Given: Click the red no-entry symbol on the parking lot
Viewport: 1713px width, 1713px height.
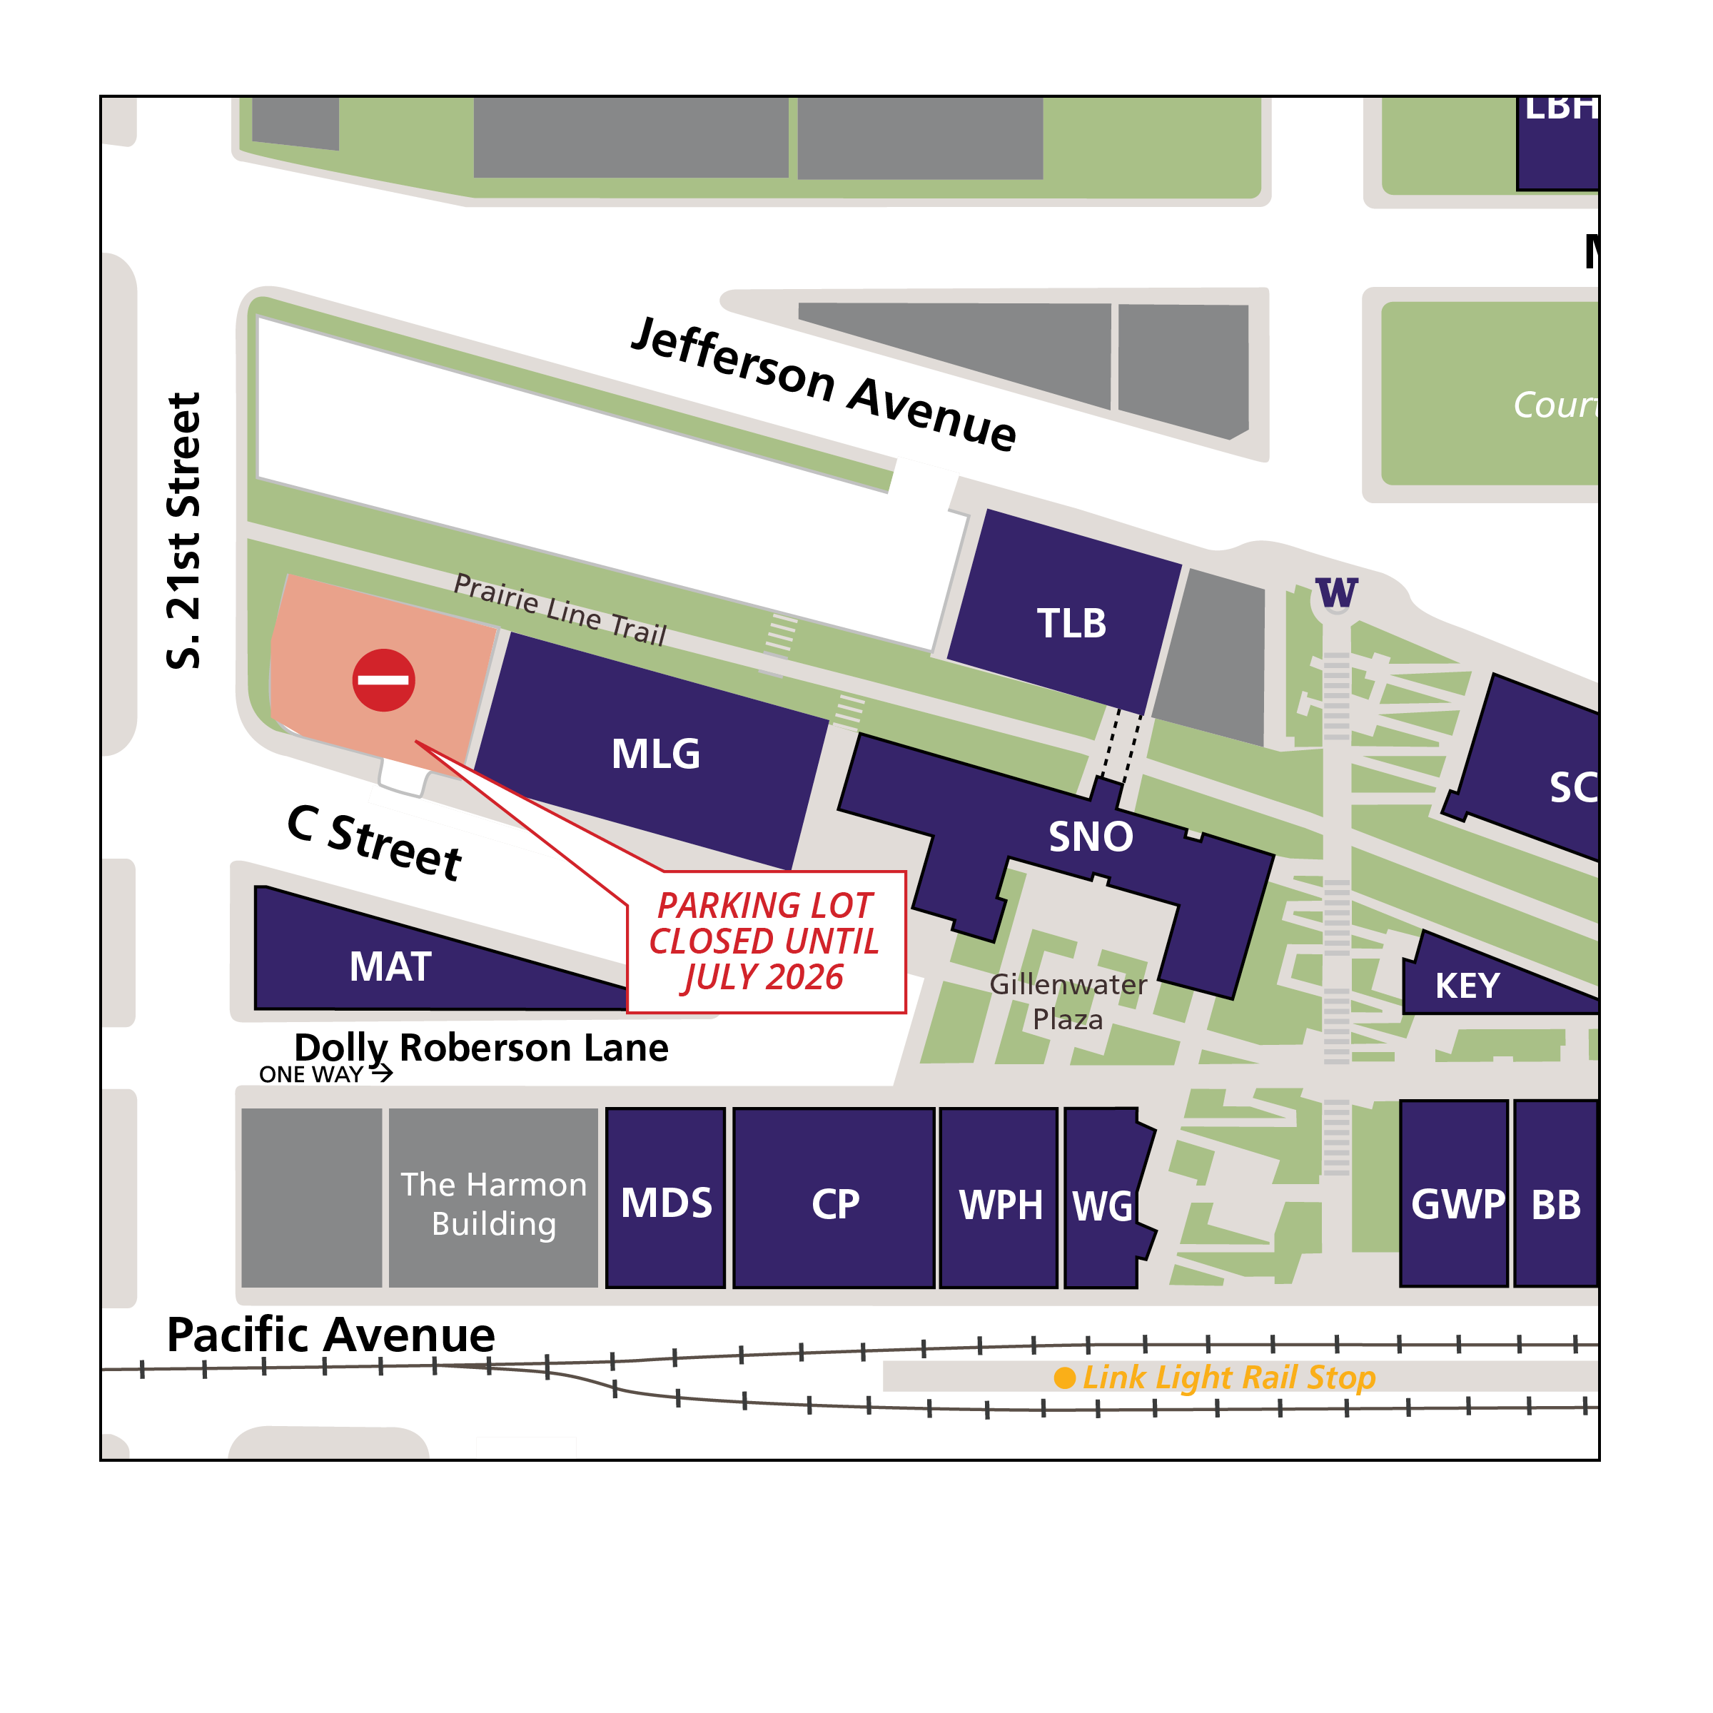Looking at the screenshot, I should pyautogui.click(x=384, y=680).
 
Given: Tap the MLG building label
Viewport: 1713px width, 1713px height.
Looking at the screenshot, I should pyautogui.click(x=656, y=754).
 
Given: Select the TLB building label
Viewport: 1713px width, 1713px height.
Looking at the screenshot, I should pyautogui.click(x=1072, y=623).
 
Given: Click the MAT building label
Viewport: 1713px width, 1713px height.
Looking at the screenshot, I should pyautogui.click(x=390, y=966).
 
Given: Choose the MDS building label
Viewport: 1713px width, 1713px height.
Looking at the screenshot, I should pyautogui.click(x=667, y=1203).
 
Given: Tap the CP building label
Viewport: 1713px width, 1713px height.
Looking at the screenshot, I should pyautogui.click(x=835, y=1204).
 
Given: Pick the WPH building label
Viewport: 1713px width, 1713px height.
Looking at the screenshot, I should pyautogui.click(x=1001, y=1205).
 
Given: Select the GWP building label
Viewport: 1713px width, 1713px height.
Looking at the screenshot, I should pyautogui.click(x=1457, y=1204).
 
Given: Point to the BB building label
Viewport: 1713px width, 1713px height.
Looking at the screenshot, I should pyautogui.click(x=1556, y=1205).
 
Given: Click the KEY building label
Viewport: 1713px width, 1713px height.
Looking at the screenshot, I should pyautogui.click(x=1467, y=986).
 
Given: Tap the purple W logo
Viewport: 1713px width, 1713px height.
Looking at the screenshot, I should pyautogui.click(x=1337, y=592).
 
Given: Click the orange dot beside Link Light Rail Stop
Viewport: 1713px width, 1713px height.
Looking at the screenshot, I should pyautogui.click(x=1065, y=1378).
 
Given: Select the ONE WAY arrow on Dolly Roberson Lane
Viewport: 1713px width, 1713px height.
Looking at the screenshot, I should pyautogui.click(x=381, y=1073).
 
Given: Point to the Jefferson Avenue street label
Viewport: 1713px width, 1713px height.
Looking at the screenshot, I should pyautogui.click(x=824, y=384).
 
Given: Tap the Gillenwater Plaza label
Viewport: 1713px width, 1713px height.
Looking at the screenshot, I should pyautogui.click(x=1068, y=1001).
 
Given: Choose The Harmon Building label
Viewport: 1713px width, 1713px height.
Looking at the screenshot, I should pyautogui.click(x=494, y=1204).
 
